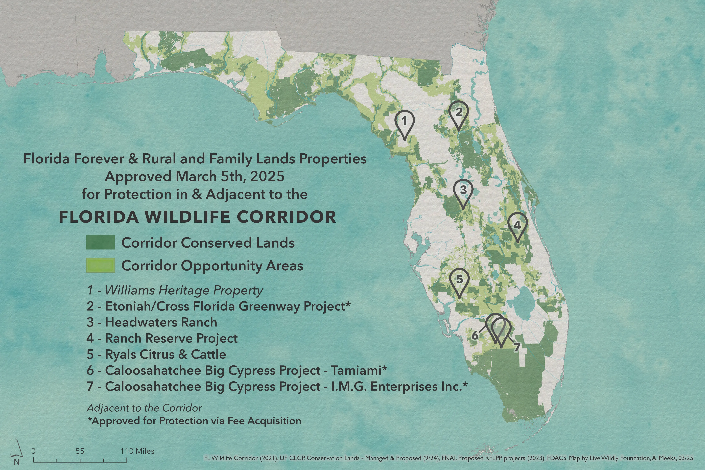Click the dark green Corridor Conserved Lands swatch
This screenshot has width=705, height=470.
tap(100, 242)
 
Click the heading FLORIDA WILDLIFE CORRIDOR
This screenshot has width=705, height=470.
tap(198, 217)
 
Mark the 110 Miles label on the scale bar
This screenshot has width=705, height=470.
tap(138, 451)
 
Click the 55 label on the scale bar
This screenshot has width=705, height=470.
tap(80, 451)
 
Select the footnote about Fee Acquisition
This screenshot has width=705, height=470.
tap(194, 421)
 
